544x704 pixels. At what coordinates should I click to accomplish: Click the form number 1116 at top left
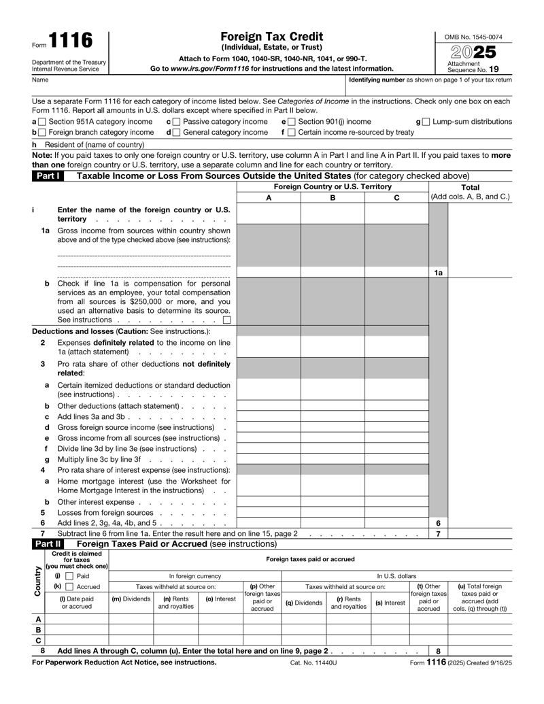click(70, 41)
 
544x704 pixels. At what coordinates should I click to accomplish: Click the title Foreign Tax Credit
click(271, 36)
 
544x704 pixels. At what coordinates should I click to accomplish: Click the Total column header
click(471, 187)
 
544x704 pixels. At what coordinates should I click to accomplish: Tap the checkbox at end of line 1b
click(226, 320)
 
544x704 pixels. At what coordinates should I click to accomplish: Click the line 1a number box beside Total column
click(439, 273)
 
